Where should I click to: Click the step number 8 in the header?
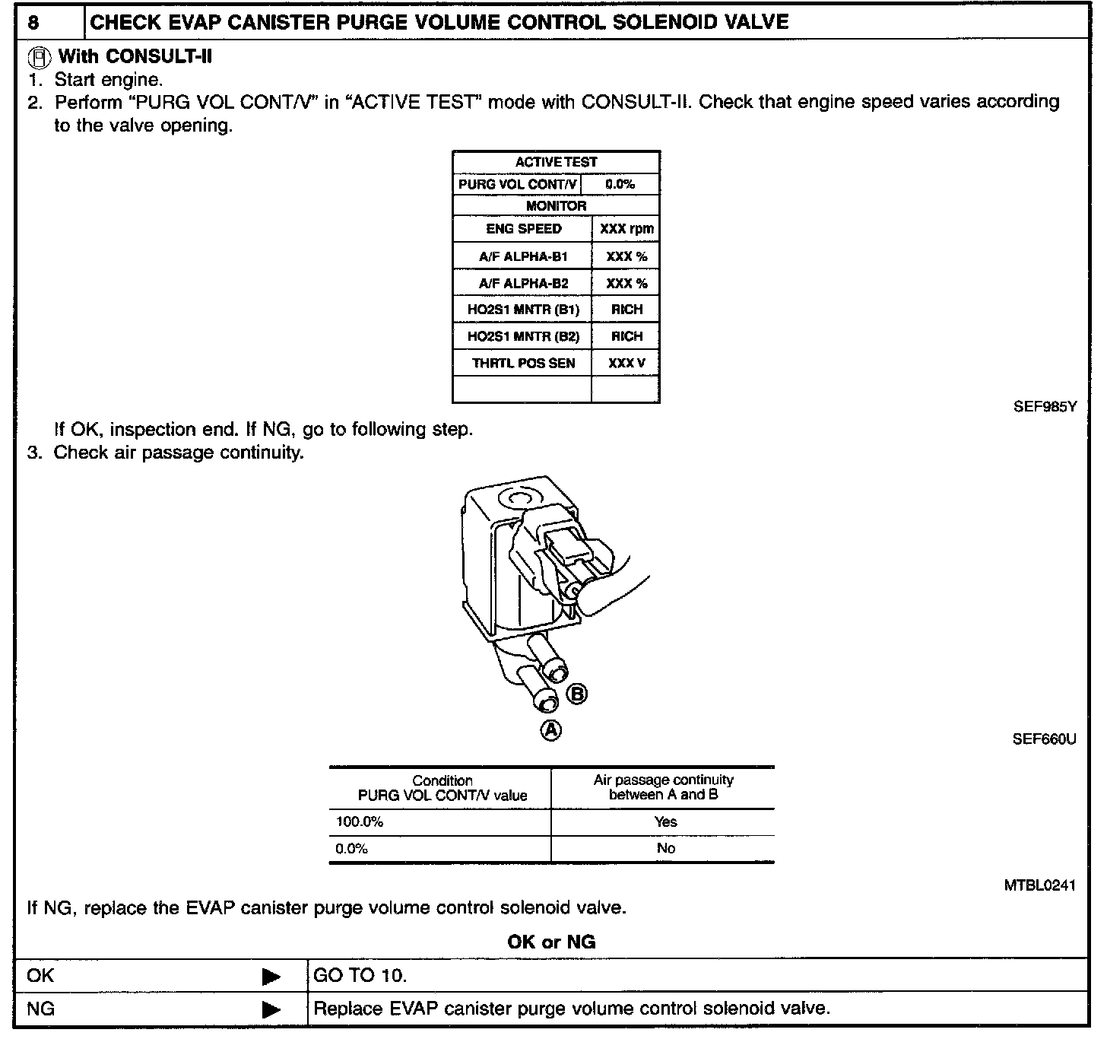tap(34, 22)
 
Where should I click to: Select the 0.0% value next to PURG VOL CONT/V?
tap(620, 184)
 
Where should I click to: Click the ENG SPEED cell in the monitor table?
tap(523, 229)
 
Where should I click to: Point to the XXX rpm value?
tap(626, 229)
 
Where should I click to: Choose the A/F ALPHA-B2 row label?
tap(523, 283)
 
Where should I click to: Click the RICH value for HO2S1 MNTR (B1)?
tap(626, 310)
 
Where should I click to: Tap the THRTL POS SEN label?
tap(523, 363)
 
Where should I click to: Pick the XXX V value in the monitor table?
tap(626, 363)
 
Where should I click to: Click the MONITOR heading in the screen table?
tap(556, 206)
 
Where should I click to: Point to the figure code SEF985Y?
tap(1045, 407)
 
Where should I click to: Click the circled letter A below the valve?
tap(550, 730)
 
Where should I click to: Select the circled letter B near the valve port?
tap(577, 694)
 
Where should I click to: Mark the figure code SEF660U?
tap(1044, 739)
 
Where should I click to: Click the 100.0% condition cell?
tap(360, 822)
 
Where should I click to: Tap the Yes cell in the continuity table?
tap(665, 822)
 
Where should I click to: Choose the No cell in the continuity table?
tap(665, 848)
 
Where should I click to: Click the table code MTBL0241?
tap(1039, 885)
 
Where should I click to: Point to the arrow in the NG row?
tap(271, 1009)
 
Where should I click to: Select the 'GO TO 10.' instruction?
tap(360, 976)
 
